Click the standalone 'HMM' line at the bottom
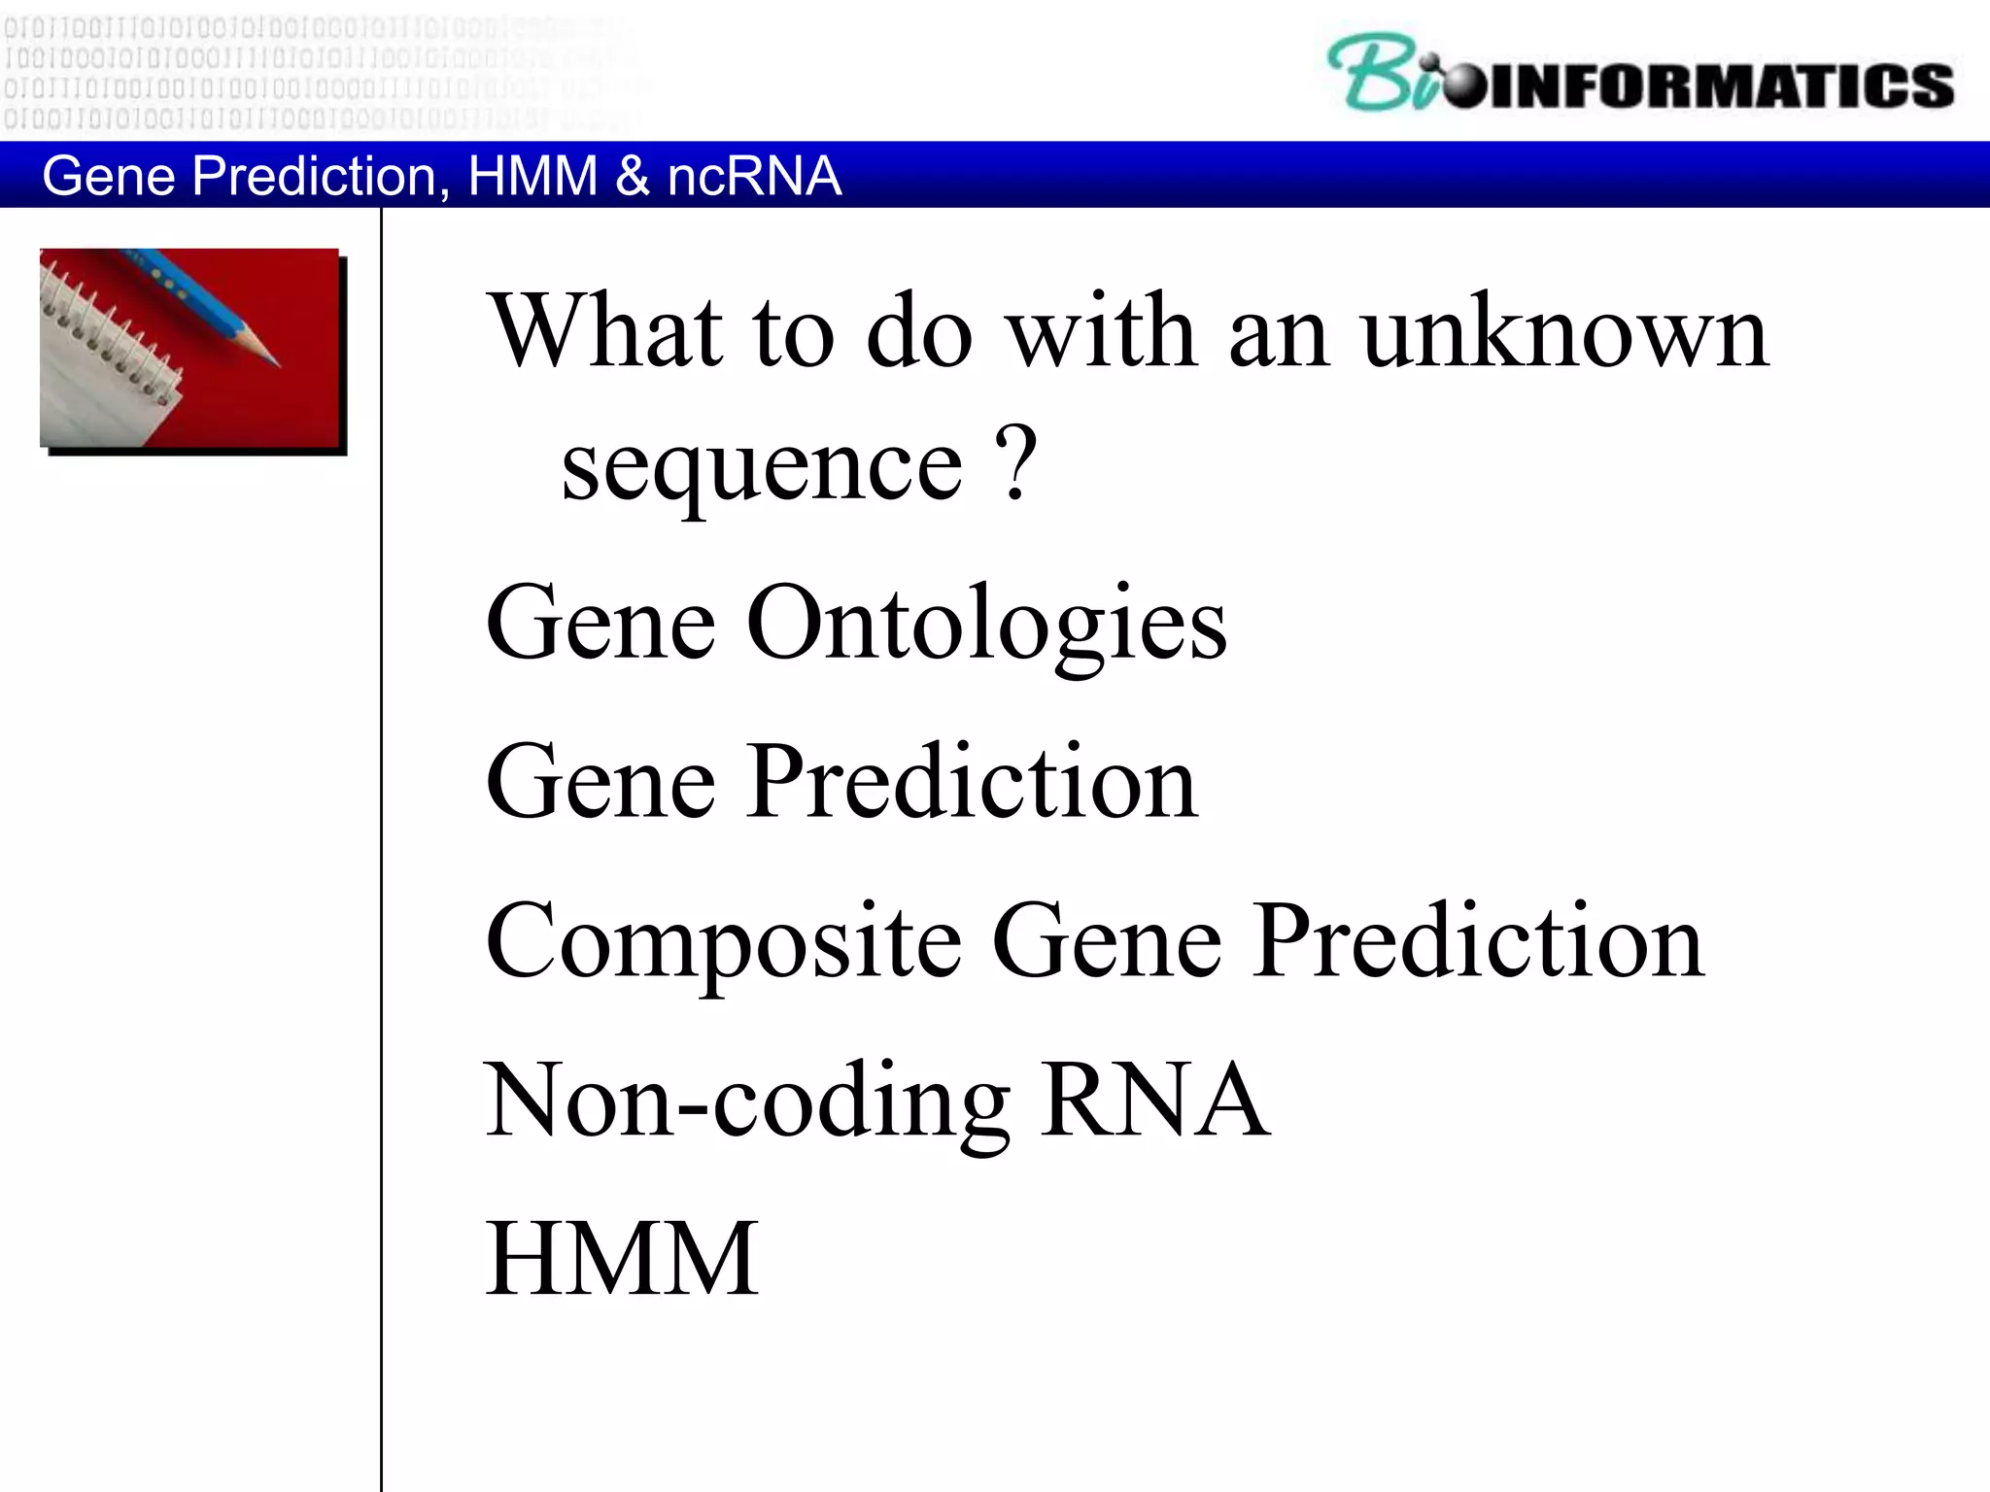pos(622,1258)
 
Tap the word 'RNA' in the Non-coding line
pos(1154,1100)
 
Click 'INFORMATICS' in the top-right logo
pos(1720,85)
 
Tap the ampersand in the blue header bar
pos(632,176)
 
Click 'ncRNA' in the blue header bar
pos(754,176)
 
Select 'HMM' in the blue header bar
pos(532,176)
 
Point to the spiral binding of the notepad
pos(107,330)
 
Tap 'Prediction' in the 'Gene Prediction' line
pos(974,782)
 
